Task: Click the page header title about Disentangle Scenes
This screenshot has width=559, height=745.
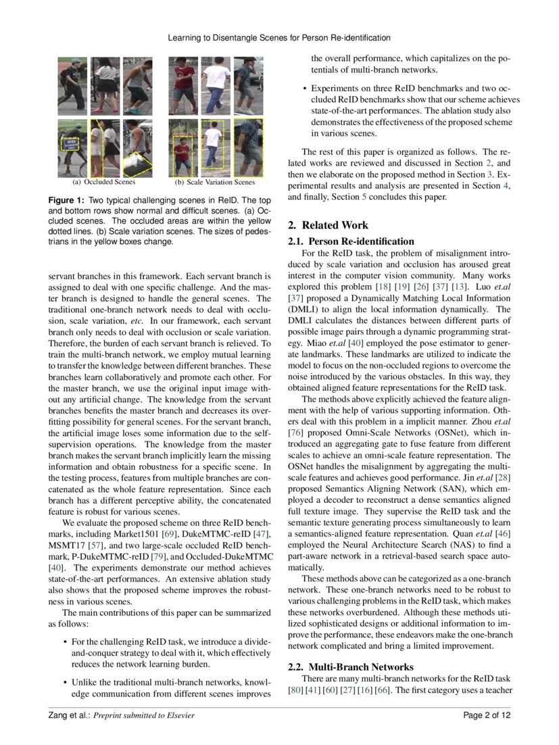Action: pos(279,38)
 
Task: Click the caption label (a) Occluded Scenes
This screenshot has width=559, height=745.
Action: pos(104,181)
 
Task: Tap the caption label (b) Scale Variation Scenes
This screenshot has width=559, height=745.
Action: pos(215,182)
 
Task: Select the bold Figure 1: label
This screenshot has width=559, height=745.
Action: pos(66,201)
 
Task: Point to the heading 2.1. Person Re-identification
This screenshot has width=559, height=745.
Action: pos(351,241)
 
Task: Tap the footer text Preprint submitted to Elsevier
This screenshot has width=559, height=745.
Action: pos(143,715)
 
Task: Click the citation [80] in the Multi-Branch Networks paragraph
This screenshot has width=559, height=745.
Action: pos(295,690)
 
